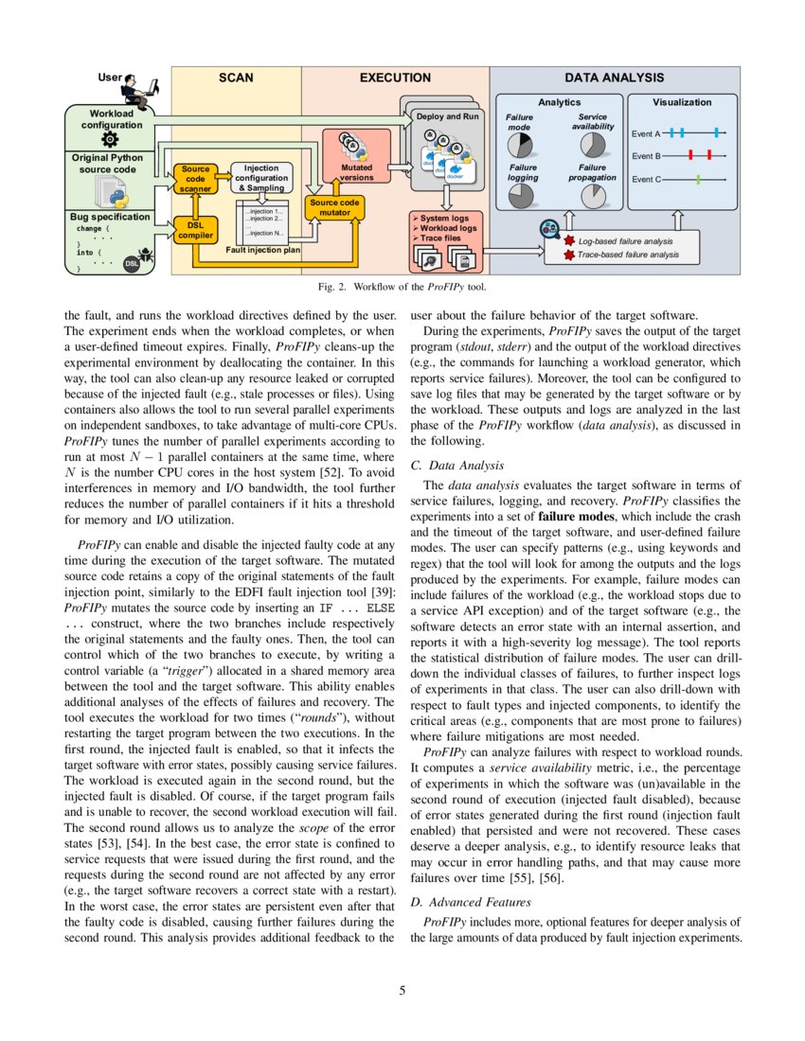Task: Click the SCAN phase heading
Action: pyautogui.click(x=236, y=79)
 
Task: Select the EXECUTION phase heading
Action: pyautogui.click(x=394, y=79)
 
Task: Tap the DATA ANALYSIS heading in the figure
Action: pyautogui.click(x=614, y=79)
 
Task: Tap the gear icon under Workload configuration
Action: pyautogui.click(x=109, y=138)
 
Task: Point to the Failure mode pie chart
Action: pyautogui.click(x=520, y=145)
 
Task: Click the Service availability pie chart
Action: pyautogui.click(x=593, y=145)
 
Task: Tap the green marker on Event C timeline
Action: pyautogui.click(x=698, y=179)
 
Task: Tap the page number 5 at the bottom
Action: pyautogui.click(x=402, y=991)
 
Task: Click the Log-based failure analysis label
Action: pyautogui.click(x=628, y=242)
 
